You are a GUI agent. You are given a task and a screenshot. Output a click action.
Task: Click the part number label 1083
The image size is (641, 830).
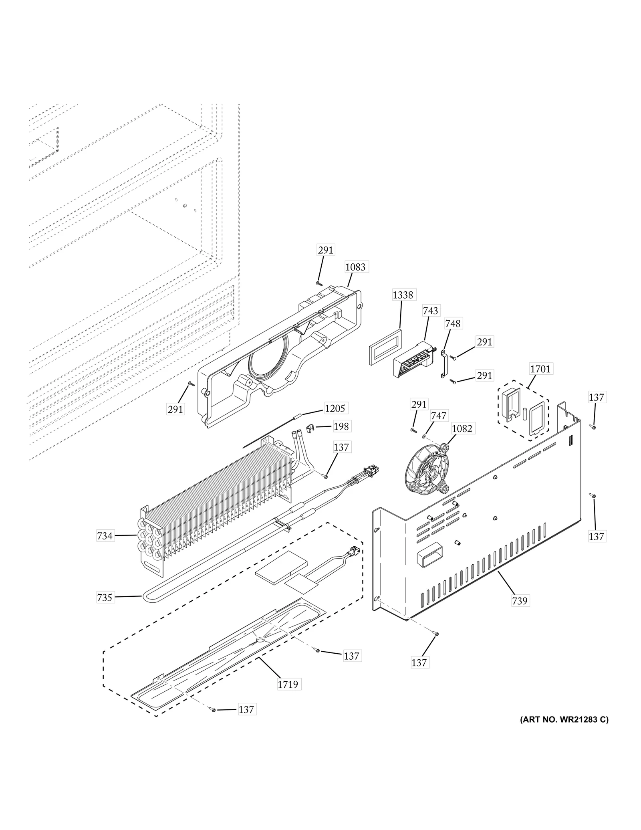(x=355, y=267)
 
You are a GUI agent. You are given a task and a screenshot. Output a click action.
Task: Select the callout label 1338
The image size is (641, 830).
(x=402, y=295)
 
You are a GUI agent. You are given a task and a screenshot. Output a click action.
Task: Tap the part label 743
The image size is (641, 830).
(x=430, y=311)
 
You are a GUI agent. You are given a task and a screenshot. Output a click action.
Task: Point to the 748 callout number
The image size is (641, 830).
(x=453, y=323)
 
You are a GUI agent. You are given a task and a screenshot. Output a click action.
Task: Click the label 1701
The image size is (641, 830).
(x=540, y=369)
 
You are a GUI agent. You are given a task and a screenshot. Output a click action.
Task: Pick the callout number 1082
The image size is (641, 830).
(x=462, y=428)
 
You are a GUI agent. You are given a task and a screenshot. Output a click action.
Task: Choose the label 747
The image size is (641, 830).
(x=438, y=416)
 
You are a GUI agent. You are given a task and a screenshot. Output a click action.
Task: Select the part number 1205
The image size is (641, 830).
(x=335, y=408)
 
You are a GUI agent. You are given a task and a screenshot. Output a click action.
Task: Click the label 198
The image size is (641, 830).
(x=341, y=426)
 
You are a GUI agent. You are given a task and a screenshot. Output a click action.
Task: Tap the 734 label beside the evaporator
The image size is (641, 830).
(x=105, y=535)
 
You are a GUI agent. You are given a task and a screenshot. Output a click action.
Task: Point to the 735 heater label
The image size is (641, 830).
(x=105, y=609)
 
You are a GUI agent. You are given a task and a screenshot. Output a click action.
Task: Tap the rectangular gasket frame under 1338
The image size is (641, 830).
(x=385, y=347)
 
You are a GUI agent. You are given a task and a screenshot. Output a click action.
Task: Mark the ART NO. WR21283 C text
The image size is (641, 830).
(x=564, y=731)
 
